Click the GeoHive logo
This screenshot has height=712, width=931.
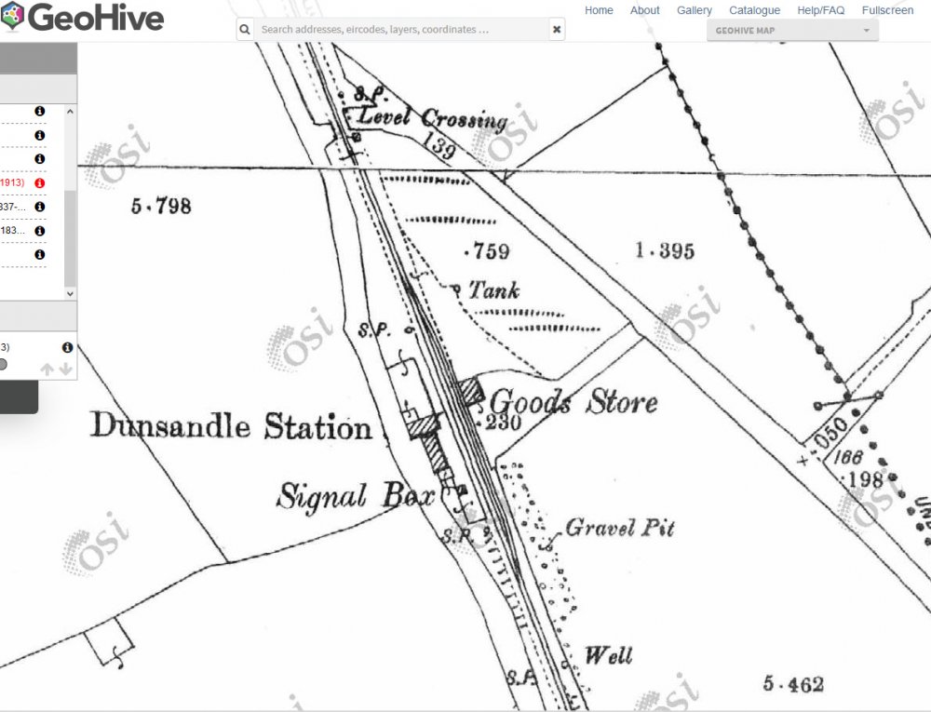pos(84,17)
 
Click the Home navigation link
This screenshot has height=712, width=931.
pos(599,10)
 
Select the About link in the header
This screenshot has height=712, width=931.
pos(644,10)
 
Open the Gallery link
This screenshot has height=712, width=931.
pos(695,10)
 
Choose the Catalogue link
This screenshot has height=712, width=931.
pos(754,10)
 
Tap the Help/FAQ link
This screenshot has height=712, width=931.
pos(821,10)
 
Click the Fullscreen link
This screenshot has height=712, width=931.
pos(887,10)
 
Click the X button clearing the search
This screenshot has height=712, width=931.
pos(557,30)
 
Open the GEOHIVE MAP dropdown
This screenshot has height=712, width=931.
pos(792,31)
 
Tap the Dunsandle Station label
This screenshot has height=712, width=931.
pos(231,428)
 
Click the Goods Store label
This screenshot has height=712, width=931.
pos(573,403)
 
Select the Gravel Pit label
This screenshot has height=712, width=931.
pos(620,528)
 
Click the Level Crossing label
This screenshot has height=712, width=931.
pos(433,119)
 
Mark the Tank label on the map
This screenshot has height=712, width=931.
pos(493,290)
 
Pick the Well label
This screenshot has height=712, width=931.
pos(608,655)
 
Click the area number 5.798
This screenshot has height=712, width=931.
pos(161,206)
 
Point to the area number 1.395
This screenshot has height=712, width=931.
pos(665,250)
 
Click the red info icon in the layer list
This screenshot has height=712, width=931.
pos(40,183)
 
